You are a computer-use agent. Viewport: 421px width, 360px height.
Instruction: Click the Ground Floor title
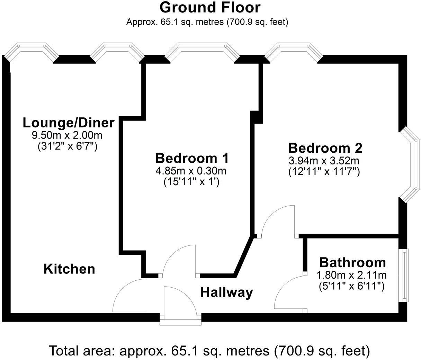click(210, 7)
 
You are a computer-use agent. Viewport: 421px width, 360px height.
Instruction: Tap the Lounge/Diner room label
click(68, 123)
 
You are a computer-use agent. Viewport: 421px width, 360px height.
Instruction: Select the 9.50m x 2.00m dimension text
click(67, 134)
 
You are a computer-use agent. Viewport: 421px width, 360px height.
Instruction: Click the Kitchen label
click(69, 269)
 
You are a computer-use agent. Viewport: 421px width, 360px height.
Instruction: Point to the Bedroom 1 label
click(192, 158)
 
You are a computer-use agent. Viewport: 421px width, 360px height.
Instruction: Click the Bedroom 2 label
click(325, 148)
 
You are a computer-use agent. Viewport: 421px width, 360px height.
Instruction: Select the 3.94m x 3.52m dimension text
click(324, 161)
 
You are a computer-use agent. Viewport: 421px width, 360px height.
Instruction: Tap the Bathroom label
click(352, 262)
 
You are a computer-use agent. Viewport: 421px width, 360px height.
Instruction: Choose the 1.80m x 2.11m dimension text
click(351, 275)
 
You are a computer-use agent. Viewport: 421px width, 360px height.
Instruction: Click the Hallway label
click(226, 292)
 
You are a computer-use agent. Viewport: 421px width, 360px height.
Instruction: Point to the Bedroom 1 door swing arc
click(177, 260)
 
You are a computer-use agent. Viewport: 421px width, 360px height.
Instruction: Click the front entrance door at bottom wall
click(180, 305)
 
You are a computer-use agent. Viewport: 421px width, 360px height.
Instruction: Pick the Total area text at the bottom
click(209, 351)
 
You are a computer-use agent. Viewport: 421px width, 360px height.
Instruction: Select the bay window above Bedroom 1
click(202, 51)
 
